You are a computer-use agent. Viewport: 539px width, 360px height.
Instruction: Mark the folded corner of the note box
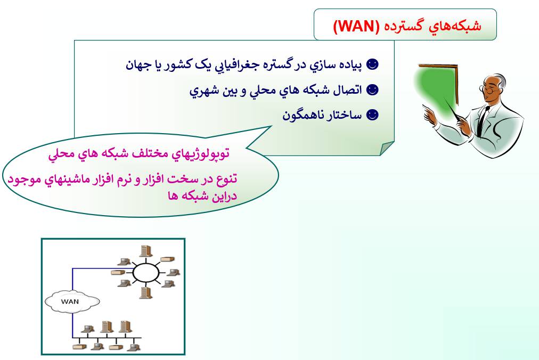(x=387, y=148)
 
